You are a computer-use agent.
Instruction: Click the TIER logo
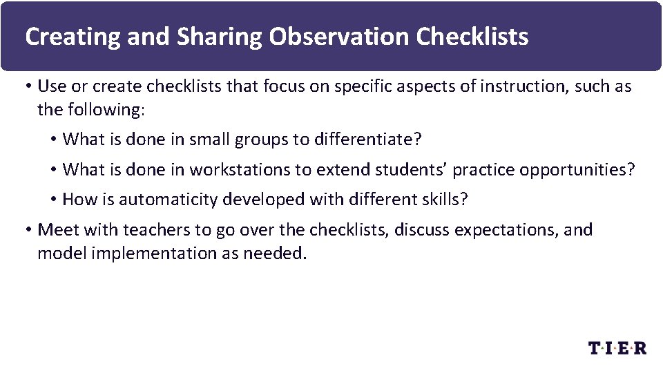click(x=617, y=348)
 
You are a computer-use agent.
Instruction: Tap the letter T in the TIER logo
click(x=595, y=348)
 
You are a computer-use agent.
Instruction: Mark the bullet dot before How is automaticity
click(x=53, y=200)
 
